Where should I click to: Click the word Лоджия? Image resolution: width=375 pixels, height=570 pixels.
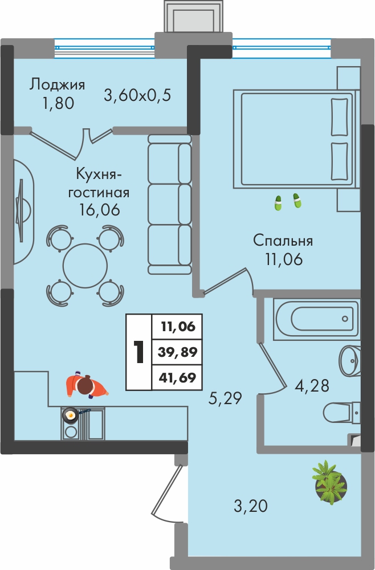tap(57, 85)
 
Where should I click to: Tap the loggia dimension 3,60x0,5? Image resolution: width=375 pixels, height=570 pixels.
tap(137, 96)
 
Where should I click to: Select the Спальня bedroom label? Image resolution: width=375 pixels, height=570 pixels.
tap(283, 241)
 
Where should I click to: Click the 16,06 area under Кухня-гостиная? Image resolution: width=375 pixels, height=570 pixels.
tap(99, 210)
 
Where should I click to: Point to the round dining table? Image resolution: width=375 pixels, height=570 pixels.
tap(85, 266)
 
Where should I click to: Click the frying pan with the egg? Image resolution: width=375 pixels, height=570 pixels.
tap(70, 414)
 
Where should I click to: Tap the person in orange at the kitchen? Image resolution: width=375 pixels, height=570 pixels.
tap(87, 386)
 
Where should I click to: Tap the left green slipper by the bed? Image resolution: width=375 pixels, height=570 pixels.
tap(278, 203)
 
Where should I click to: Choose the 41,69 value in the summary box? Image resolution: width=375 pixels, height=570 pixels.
tap(177, 377)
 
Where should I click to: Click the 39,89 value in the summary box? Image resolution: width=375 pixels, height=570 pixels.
tap(178, 352)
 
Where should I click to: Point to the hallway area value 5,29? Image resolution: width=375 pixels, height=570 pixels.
tap(225, 399)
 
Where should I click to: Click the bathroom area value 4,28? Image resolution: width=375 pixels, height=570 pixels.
tap(312, 386)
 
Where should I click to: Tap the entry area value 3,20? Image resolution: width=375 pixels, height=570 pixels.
tap(251, 506)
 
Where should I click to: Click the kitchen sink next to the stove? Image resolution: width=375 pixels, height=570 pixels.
tap(95, 424)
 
